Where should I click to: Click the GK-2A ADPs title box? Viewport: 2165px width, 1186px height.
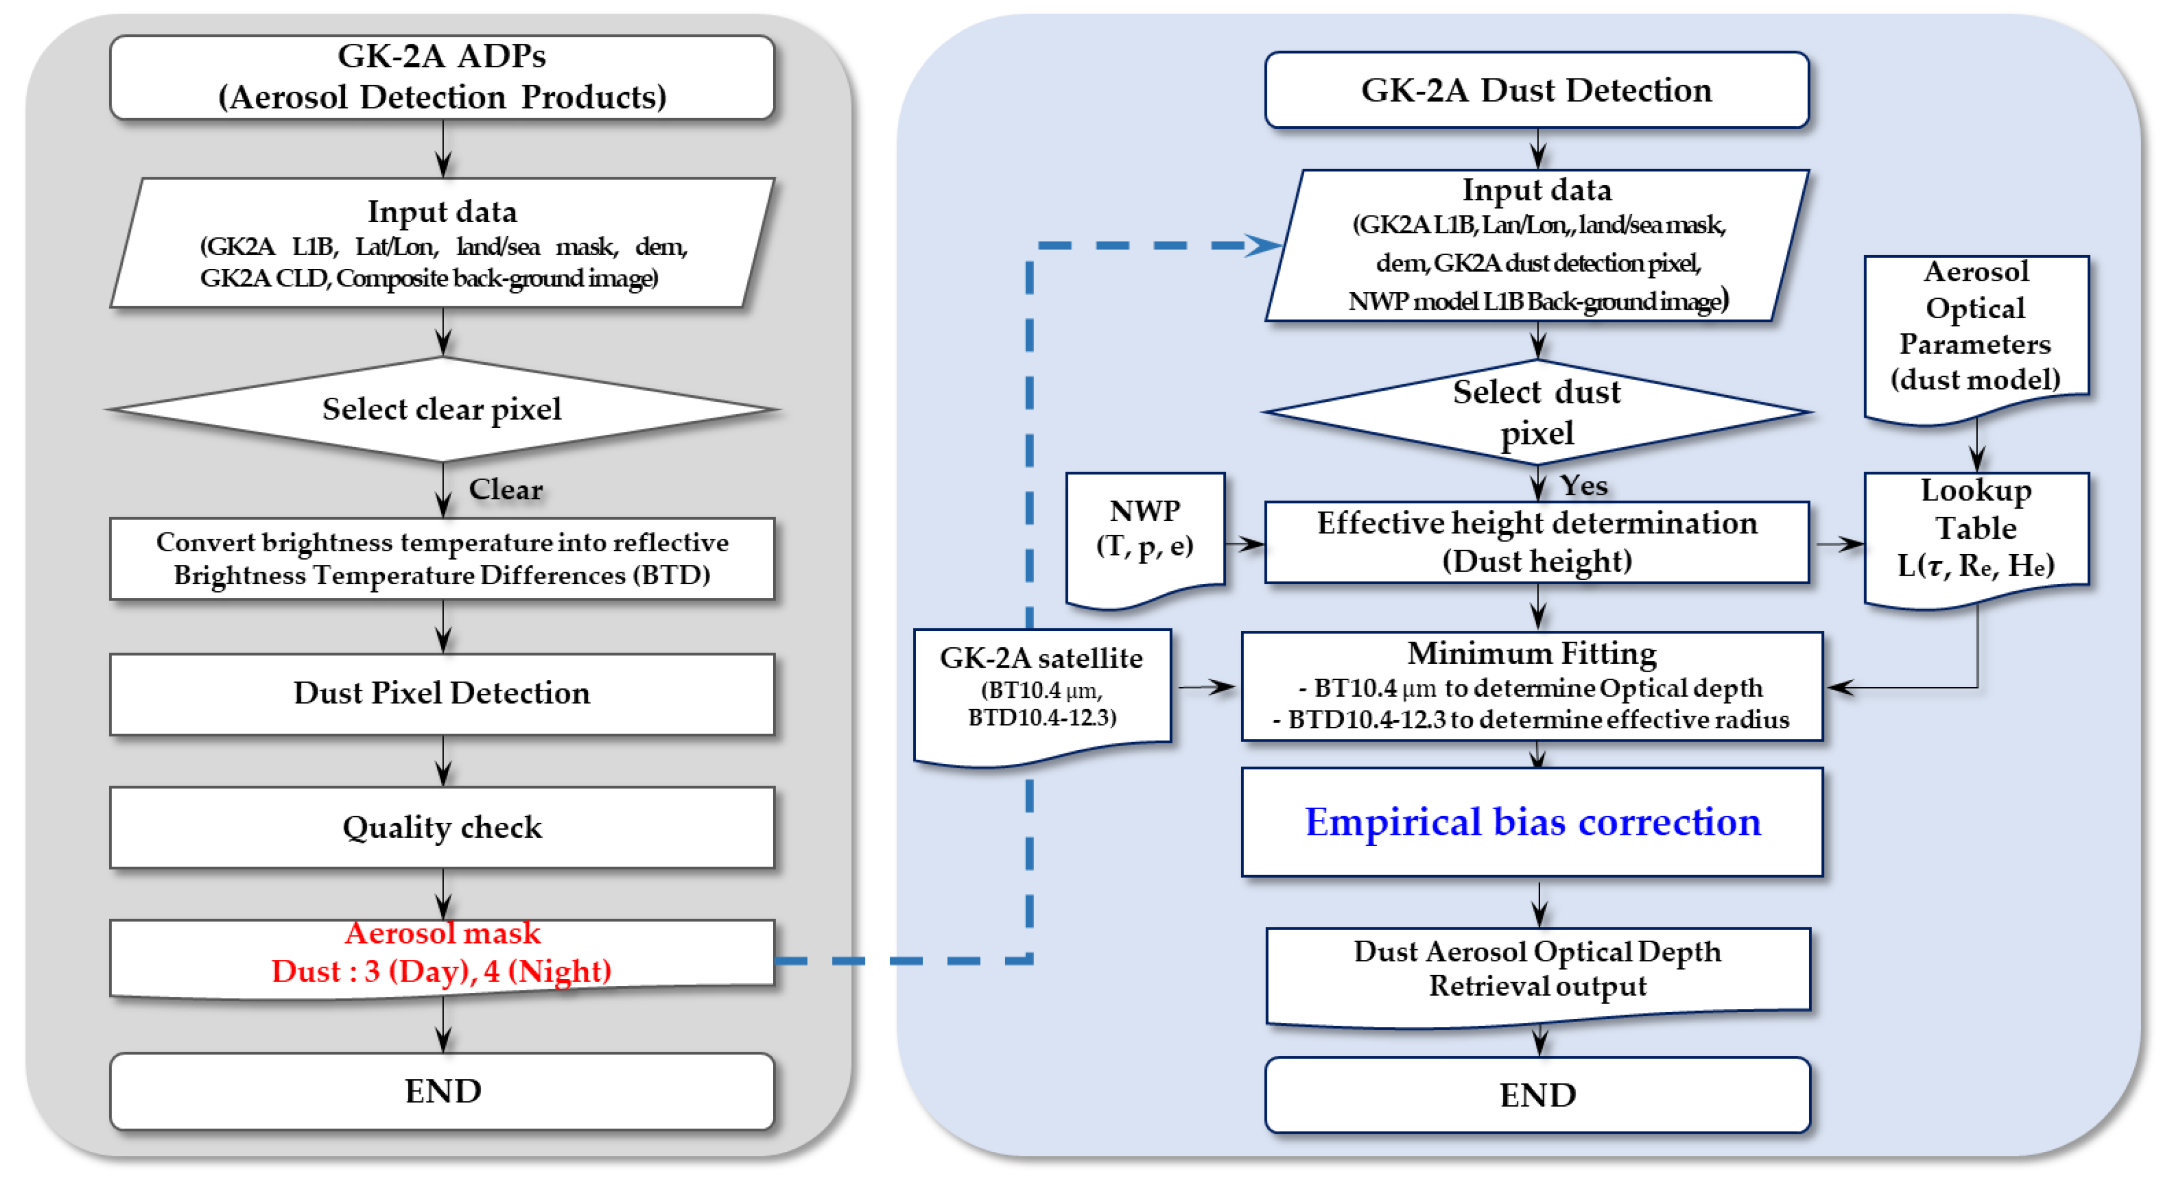point(442,77)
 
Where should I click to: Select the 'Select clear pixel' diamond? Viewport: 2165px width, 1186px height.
point(442,409)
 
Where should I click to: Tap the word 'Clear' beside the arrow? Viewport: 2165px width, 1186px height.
point(505,489)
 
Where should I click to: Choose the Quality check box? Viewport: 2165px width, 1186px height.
point(442,827)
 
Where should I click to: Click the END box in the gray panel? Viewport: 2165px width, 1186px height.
point(442,1091)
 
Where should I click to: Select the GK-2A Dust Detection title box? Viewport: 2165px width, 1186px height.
point(1536,90)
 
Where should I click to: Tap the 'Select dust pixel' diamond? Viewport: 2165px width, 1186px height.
point(1536,411)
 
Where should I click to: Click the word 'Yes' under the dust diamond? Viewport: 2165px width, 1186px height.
point(1583,485)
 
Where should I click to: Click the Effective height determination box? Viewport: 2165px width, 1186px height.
point(1536,542)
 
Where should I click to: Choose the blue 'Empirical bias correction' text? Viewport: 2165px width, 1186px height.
point(1533,822)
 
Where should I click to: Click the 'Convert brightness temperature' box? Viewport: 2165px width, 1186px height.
point(442,559)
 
